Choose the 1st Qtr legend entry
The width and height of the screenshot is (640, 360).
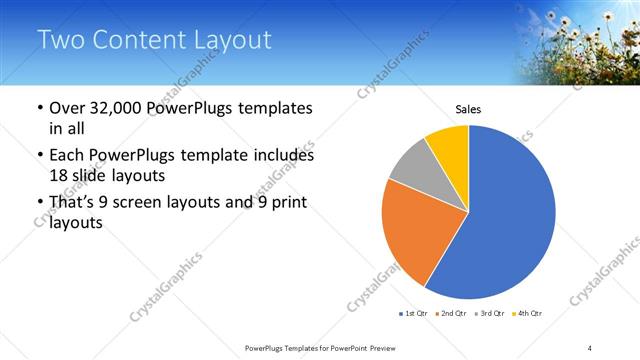[413, 315]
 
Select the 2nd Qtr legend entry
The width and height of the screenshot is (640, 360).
[452, 315]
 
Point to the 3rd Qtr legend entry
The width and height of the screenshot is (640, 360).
[490, 315]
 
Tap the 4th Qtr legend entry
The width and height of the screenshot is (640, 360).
[528, 315]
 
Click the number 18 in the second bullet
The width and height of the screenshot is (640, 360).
[59, 175]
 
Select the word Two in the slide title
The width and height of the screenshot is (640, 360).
[62, 40]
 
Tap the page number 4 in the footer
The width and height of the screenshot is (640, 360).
[590, 348]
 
